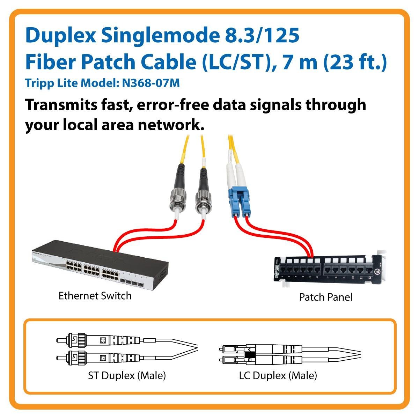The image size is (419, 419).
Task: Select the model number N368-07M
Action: coord(150,83)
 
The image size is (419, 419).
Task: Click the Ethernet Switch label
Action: coord(95,296)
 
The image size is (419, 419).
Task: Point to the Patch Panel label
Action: coord(325,297)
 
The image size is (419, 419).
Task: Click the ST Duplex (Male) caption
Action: coord(127,376)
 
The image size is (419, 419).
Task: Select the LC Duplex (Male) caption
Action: coord(278,376)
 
